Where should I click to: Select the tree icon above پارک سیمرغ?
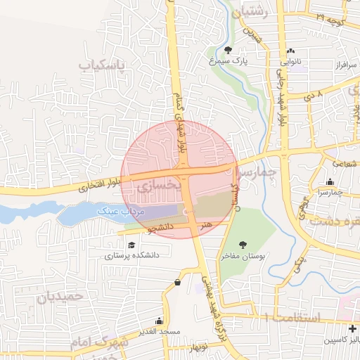[228, 49]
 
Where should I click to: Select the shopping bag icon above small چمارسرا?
[330, 181]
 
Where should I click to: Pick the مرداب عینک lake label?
[119, 211]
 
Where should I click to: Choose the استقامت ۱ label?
[292, 318]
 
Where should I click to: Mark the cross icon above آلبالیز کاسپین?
[352, 328]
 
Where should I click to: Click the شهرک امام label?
[98, 340]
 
